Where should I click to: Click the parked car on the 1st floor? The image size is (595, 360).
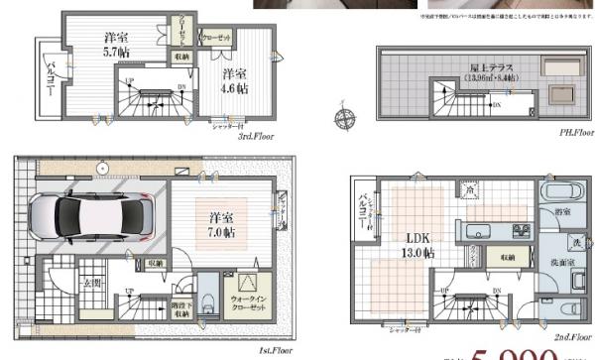[x=83, y=215]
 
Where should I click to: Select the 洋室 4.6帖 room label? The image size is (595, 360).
[x=235, y=81]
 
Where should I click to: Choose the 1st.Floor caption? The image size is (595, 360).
[x=278, y=352]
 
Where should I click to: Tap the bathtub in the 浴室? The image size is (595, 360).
[x=550, y=191]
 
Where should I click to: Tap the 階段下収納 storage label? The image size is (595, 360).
[x=178, y=306]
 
